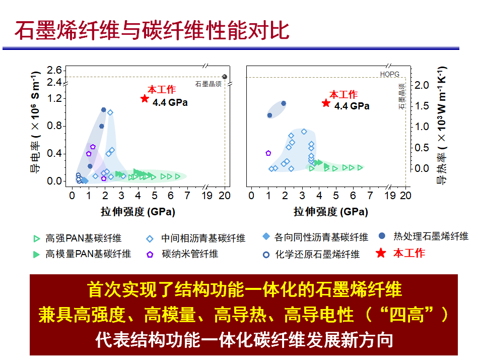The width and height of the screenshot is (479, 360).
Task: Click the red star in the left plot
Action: pos(145,98)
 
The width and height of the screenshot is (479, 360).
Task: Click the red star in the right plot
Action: pos(326,103)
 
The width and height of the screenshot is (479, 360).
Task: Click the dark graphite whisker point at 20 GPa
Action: pos(225,77)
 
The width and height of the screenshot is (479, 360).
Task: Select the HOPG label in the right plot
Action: pos(389,74)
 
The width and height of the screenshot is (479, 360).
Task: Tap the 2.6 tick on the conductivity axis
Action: pos(54,71)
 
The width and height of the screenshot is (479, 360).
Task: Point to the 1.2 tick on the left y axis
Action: pos(54,98)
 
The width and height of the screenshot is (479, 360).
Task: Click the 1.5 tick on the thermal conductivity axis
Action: pos(422,106)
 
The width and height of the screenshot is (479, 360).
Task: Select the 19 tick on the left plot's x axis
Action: pos(207,196)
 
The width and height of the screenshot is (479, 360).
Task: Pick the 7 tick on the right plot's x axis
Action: pos(370,196)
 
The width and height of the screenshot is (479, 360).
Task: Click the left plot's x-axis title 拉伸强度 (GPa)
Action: pos(138,212)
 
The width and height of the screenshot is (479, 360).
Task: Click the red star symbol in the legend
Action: pos(381,253)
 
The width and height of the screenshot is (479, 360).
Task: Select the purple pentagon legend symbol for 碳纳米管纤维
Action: pos(150,255)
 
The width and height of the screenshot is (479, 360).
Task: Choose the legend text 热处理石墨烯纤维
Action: pos(431,236)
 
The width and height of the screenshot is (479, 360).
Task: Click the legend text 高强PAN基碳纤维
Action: pos(84,238)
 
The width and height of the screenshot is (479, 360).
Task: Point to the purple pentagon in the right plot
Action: pos(268,153)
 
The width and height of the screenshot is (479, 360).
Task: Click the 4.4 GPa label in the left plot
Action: pos(170,102)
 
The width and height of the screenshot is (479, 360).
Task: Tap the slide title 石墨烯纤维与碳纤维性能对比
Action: pos(152,31)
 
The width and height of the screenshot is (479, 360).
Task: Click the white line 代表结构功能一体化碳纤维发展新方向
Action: pos(244,340)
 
